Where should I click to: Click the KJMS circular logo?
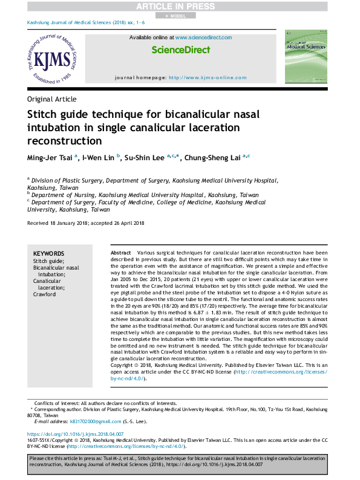tap(52, 59)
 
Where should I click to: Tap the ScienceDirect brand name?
tap(181, 50)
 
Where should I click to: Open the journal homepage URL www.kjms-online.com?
tap(208, 77)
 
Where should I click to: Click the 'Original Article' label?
tap(51, 99)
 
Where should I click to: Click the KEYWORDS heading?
tap(48, 254)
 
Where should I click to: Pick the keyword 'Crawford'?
tap(44, 294)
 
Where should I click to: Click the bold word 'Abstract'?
tap(121, 252)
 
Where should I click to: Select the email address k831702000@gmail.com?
tap(95, 421)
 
